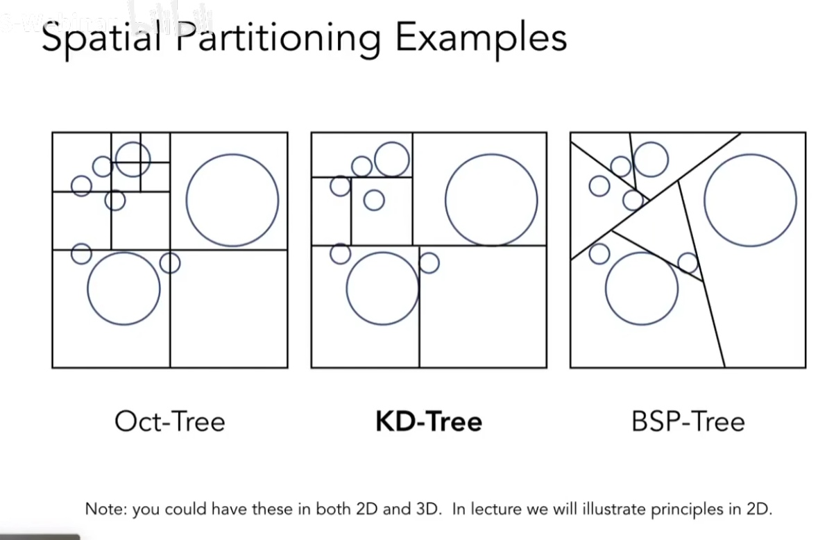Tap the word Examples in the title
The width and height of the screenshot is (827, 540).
click(481, 38)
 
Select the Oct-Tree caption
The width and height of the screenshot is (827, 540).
click(170, 421)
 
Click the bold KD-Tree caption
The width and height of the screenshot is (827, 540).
click(429, 421)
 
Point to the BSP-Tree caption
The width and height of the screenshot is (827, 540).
click(688, 421)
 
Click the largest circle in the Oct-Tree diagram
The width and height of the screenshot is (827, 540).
click(232, 200)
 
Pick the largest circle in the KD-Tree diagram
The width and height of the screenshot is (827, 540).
click(491, 200)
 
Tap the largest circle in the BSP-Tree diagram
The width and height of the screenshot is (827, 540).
click(750, 200)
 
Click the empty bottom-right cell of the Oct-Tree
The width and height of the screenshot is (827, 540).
click(229, 309)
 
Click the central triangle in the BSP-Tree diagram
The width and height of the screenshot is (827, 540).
click(656, 222)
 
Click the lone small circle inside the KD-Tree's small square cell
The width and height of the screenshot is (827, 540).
click(374, 200)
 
